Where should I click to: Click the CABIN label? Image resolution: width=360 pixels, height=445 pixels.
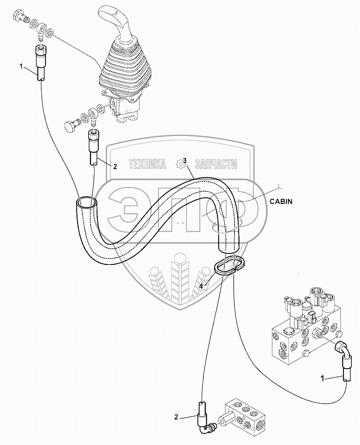click(x=281, y=202)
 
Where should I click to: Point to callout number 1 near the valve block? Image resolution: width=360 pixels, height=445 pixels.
click(x=323, y=378)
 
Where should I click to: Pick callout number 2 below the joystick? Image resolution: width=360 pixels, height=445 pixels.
click(x=114, y=167)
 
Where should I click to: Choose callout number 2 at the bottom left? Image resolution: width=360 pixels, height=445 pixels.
click(x=176, y=418)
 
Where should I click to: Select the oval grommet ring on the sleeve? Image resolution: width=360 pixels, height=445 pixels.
click(x=229, y=266)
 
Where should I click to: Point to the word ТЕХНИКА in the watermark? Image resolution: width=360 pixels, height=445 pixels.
click(x=147, y=164)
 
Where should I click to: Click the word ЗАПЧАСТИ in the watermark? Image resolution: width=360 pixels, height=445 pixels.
click(x=215, y=164)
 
